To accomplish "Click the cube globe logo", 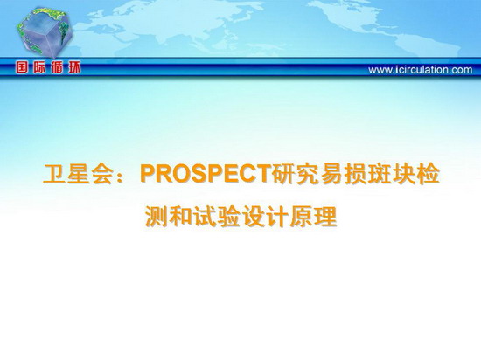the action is click(x=45, y=33).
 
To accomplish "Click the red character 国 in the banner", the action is click(x=22, y=67).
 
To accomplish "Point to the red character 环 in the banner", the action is click(x=74, y=67).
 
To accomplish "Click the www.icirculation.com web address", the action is click(x=421, y=70).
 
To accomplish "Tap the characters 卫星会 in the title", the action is click(x=79, y=174).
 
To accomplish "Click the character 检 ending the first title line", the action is click(x=429, y=174).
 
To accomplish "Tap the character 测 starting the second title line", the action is click(x=157, y=217).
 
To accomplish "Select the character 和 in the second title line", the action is click(x=181, y=217).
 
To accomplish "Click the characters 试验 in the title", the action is click(x=217, y=217).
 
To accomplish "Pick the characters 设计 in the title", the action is click(x=265, y=217).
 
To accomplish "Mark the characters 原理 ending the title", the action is click(x=313, y=217).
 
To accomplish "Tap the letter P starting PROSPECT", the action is click(x=148, y=174).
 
